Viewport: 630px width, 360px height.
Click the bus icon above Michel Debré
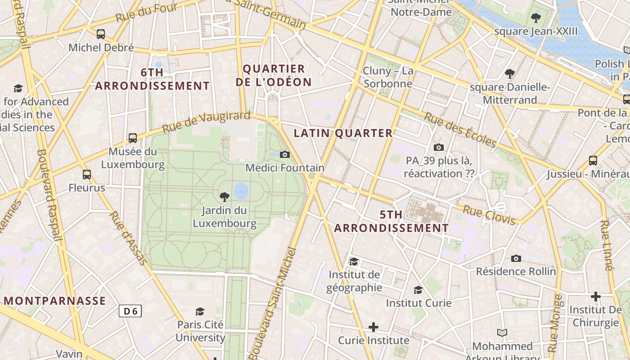coord(101,34)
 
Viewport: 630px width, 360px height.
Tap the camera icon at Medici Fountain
coord(284,154)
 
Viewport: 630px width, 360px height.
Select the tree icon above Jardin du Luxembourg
coord(224,196)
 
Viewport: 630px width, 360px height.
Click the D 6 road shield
coord(130,310)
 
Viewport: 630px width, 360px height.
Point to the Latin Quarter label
coord(343,133)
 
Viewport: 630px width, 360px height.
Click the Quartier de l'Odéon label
coord(277,76)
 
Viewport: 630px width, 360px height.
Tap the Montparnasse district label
coord(55,301)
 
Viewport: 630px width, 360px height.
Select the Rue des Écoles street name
coord(460,130)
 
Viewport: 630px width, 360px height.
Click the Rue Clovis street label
coord(489,215)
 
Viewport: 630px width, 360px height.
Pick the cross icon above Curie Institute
coord(373,327)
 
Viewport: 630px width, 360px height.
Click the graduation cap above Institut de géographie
coord(354,261)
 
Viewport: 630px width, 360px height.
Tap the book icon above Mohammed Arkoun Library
coord(502,333)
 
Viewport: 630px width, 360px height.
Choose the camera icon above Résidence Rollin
coord(516,258)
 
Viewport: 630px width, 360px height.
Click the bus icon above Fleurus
coord(87,174)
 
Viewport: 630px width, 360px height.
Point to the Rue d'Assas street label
coord(127,238)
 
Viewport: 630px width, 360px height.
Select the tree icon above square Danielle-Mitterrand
coord(509,73)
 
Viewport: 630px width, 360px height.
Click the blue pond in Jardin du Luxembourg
coord(241,191)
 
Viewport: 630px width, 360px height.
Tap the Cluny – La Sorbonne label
coord(388,77)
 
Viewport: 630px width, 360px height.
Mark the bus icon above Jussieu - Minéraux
coord(593,160)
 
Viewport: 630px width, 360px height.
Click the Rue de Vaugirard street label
coord(206,121)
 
